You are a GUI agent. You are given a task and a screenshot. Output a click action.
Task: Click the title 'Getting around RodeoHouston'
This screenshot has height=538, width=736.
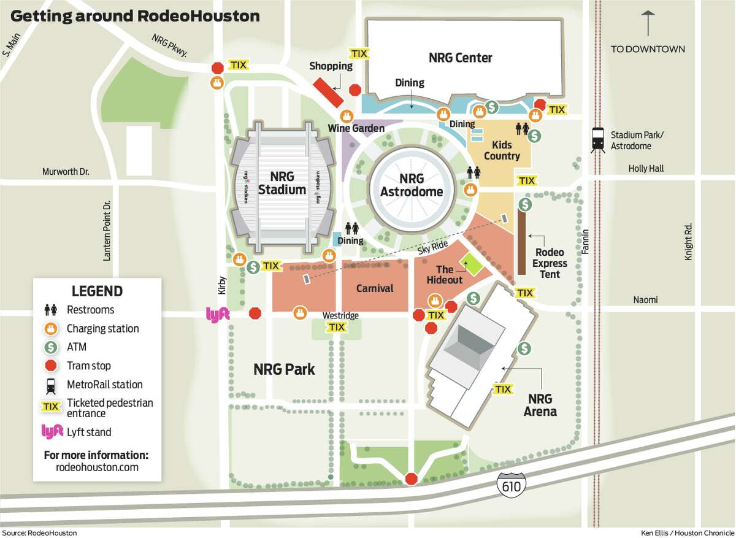135,16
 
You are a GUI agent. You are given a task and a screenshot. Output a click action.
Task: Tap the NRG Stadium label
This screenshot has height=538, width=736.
282,183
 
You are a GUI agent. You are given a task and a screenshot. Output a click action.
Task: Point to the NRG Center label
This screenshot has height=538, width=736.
460,58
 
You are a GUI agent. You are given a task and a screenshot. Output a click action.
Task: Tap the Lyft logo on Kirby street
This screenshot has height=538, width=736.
217,314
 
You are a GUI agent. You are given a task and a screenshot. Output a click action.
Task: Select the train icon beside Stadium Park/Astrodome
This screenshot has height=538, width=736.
598,140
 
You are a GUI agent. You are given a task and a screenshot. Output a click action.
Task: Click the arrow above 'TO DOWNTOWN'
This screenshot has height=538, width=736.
648,24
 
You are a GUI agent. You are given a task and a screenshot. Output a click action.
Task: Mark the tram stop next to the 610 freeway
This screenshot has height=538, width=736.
411,478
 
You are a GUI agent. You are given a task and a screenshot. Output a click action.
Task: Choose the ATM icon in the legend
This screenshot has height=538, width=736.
50,347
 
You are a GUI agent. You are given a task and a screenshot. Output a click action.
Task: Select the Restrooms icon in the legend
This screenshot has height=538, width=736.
50,310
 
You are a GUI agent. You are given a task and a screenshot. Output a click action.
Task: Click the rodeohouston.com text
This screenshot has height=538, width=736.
97,467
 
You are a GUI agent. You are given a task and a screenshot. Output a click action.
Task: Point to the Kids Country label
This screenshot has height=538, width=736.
502,150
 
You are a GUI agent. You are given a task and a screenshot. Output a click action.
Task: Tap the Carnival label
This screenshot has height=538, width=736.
375,288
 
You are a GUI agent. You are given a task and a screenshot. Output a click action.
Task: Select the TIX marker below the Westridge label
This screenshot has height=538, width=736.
336,328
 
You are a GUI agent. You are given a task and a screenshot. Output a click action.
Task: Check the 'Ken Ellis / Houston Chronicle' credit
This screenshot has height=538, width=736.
688,532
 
